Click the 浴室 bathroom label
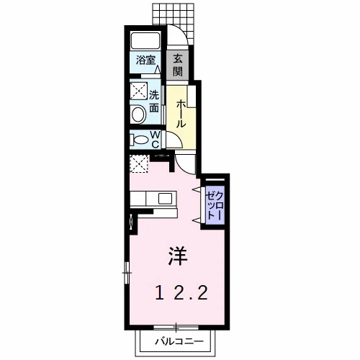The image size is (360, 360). (145, 60)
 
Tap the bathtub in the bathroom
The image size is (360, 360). (145, 40)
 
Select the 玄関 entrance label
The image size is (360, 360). (178, 65)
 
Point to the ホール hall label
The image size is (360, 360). (181, 114)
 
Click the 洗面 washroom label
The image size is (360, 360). (154, 102)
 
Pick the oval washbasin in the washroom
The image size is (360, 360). (138, 114)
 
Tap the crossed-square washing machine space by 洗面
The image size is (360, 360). (138, 91)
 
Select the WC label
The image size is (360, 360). (155, 140)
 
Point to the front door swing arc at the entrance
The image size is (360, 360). (183, 33)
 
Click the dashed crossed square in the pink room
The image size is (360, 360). (139, 163)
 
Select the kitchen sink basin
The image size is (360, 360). (165, 199)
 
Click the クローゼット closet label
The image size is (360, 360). (215, 205)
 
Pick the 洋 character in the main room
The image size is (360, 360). (178, 256)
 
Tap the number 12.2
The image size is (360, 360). (181, 293)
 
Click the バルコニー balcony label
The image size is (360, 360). (179, 341)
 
